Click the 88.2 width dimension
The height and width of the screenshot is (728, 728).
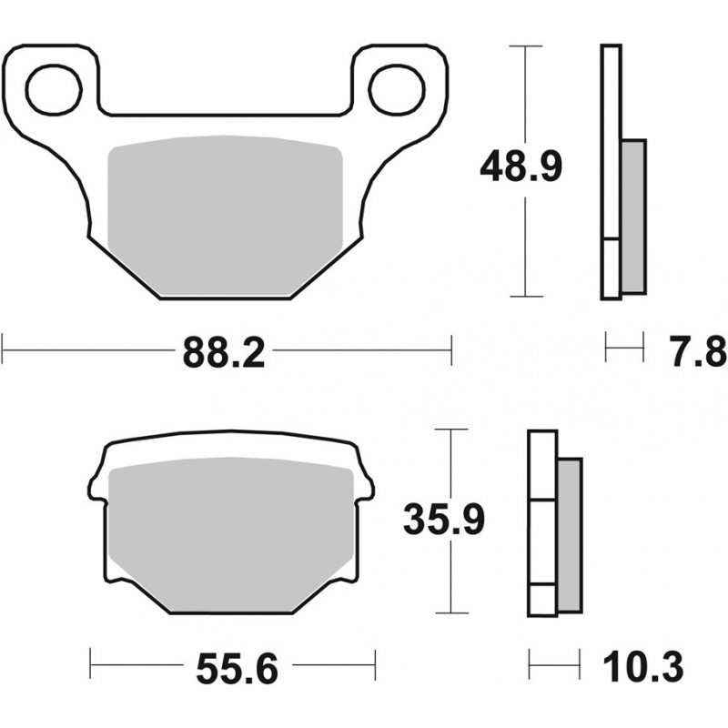click(224, 353)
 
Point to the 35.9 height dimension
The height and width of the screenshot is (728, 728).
click(444, 519)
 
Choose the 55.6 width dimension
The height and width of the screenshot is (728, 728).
click(238, 669)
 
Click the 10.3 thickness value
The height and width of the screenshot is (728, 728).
click(643, 667)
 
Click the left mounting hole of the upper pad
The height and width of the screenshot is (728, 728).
click(55, 90)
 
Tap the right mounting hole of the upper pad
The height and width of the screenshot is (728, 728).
click(397, 90)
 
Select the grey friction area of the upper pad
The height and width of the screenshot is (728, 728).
click(225, 215)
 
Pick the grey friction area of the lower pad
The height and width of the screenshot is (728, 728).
click(231, 533)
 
